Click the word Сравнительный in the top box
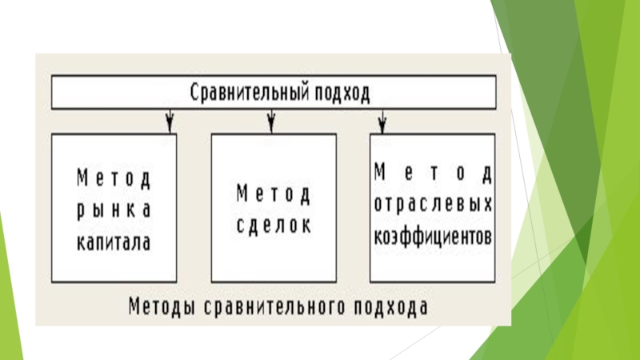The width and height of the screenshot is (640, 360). click(x=250, y=94)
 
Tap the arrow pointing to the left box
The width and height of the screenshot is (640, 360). click(x=170, y=121)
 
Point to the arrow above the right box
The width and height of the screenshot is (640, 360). click(x=382, y=121)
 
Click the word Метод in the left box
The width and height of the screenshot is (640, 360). click(x=113, y=177)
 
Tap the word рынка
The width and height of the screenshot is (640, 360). click(x=113, y=209)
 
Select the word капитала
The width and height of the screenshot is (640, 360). click(x=113, y=240)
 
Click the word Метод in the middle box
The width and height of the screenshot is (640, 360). click(x=273, y=193)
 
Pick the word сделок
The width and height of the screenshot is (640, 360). click(x=273, y=224)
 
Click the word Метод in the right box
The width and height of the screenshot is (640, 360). click(x=433, y=172)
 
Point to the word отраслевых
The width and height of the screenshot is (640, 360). click(x=433, y=204)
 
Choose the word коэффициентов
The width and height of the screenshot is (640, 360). click(x=433, y=237)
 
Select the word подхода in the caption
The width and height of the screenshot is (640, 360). click(x=390, y=307)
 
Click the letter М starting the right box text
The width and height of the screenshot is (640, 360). click(x=380, y=172)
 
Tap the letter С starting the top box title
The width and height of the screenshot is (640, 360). click(x=194, y=94)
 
